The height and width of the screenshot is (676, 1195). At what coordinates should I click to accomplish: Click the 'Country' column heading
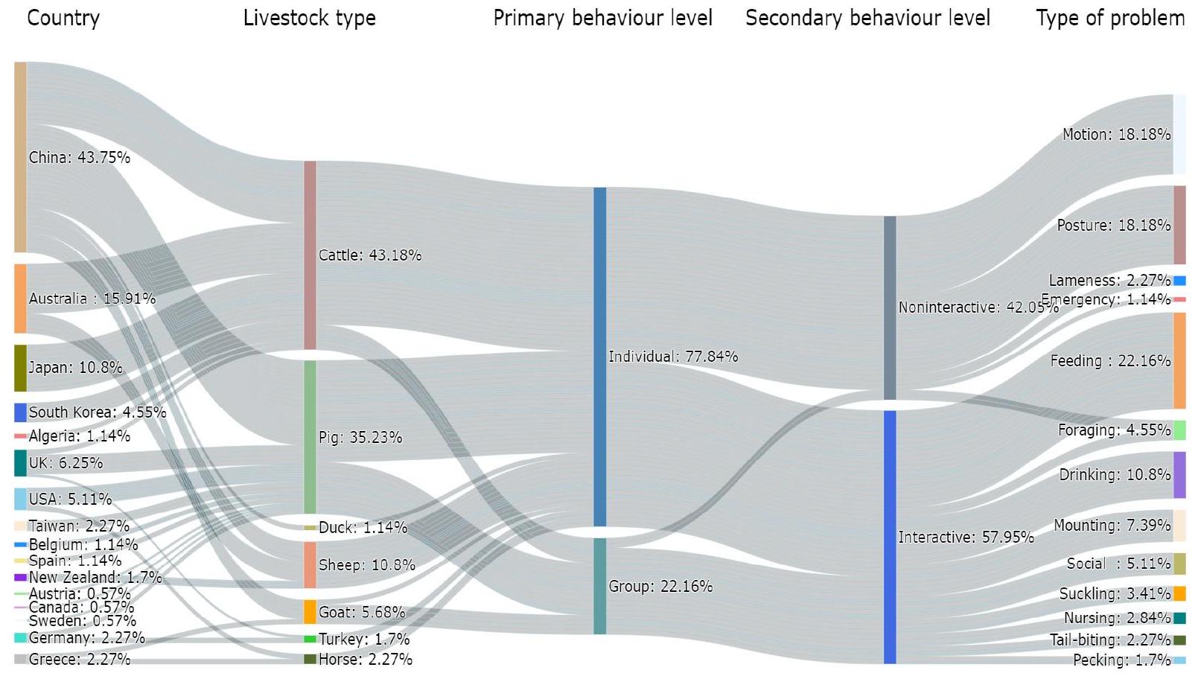pyautogui.click(x=63, y=18)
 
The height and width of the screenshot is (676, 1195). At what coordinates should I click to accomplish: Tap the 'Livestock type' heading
pyautogui.click(x=309, y=18)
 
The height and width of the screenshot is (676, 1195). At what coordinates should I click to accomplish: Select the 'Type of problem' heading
pyautogui.click(x=1109, y=18)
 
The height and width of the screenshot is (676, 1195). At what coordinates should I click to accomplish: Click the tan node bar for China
pyautogui.click(x=20, y=157)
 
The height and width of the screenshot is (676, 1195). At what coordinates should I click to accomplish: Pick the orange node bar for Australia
pyautogui.click(x=20, y=299)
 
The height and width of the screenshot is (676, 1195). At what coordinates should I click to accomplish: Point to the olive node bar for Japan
pyautogui.click(x=20, y=368)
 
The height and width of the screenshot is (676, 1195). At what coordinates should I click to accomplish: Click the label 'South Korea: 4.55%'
pyautogui.click(x=97, y=412)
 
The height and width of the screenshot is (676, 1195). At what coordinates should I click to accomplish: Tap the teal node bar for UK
pyautogui.click(x=20, y=463)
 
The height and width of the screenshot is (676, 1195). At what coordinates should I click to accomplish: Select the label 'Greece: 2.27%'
pyautogui.click(x=79, y=660)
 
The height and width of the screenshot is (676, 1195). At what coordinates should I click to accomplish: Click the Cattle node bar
pyautogui.click(x=310, y=255)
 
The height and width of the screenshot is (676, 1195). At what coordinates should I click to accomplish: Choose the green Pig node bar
pyautogui.click(x=310, y=437)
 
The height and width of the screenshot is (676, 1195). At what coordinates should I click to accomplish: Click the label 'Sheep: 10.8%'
pyautogui.click(x=366, y=565)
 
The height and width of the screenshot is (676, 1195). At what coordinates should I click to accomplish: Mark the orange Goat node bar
pyautogui.click(x=310, y=612)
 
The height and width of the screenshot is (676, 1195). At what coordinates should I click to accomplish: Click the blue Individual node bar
pyautogui.click(x=599, y=357)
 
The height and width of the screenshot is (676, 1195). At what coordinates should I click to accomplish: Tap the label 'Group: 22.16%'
pyautogui.click(x=660, y=587)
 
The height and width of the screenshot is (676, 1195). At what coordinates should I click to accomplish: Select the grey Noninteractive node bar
pyautogui.click(x=890, y=307)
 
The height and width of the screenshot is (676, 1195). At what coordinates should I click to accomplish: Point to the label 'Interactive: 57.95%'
pyautogui.click(x=966, y=538)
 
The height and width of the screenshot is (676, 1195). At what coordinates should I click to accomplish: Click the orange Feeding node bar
pyautogui.click(x=1179, y=361)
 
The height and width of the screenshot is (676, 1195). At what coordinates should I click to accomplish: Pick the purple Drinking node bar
pyautogui.click(x=1179, y=475)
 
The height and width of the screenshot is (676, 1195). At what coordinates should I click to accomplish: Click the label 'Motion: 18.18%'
pyautogui.click(x=1116, y=135)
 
